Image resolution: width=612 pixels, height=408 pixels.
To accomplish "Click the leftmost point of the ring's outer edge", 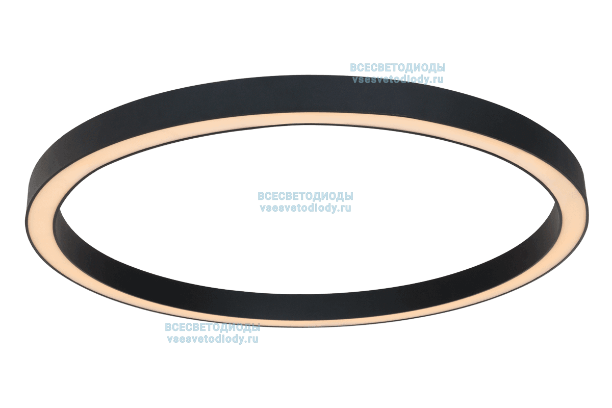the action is click(x=25, y=219).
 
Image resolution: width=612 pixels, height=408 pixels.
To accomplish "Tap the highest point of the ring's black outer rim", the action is click(x=306, y=75).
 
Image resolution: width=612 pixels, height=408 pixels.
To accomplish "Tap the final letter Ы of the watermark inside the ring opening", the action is click(x=348, y=196).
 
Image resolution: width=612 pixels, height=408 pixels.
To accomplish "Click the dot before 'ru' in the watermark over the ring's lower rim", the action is click(x=244, y=342).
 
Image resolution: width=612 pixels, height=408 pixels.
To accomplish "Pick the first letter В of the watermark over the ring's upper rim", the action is click(x=354, y=67).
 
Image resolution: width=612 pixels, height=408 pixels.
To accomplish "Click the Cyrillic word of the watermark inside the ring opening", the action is click(x=305, y=196).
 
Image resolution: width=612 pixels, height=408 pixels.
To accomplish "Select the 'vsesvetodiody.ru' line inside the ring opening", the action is click(x=305, y=208).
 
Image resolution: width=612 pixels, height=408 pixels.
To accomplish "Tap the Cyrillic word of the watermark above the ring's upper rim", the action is click(x=398, y=67).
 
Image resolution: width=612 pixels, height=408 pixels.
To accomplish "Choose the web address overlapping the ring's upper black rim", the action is click(x=398, y=80).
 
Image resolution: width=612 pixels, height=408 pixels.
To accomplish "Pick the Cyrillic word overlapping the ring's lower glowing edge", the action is click(x=213, y=327).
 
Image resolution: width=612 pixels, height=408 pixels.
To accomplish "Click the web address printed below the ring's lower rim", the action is click(x=213, y=339).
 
